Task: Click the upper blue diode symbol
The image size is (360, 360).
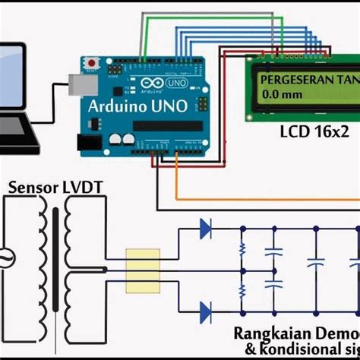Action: pos(204,227)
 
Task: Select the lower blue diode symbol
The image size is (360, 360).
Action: pos(204,309)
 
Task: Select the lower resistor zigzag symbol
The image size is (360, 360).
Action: pos(242,290)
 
